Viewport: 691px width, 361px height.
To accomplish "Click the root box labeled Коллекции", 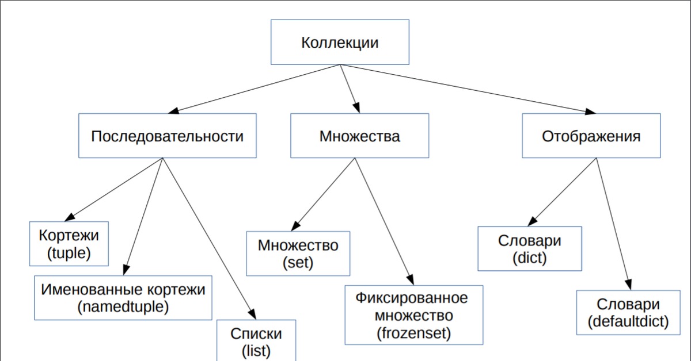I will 340,42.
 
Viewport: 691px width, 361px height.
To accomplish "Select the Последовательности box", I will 167,136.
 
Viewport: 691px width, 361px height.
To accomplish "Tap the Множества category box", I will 359,136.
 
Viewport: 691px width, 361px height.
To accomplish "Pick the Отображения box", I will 591,136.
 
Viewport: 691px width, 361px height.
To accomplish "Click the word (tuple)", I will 69,252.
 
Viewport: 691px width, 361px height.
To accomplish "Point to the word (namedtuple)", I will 123,306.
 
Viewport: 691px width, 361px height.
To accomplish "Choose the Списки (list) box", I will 256,341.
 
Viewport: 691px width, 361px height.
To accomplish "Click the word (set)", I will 298,262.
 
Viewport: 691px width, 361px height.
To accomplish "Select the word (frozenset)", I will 413,332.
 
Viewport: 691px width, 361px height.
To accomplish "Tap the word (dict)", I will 529,258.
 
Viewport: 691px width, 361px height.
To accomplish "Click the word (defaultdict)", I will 628,322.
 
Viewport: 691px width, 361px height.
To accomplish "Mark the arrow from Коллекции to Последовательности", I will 253,88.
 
